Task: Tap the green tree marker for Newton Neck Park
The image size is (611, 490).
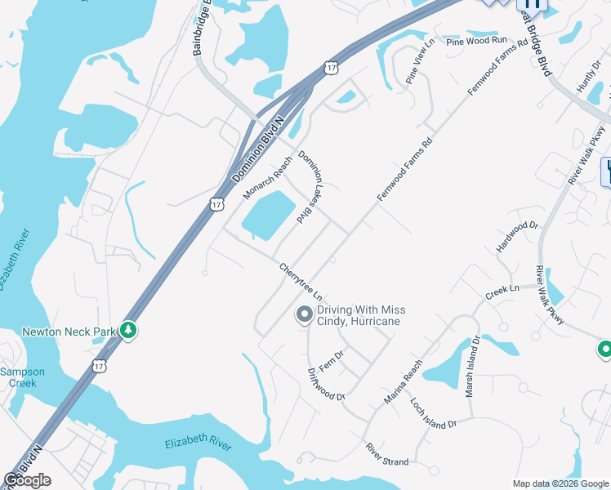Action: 127,330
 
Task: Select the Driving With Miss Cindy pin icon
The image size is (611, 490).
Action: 305,314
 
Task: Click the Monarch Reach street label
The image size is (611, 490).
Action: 267,177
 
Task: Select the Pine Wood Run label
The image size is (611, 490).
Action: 476,41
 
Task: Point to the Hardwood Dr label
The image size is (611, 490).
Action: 518,237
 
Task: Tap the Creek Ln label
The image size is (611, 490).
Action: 502,290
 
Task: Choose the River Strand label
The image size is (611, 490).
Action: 387,456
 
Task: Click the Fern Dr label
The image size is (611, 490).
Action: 332,360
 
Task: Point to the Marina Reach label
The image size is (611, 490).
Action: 404,381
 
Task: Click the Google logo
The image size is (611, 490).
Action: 28,480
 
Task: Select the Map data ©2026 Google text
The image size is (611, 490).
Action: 559,483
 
